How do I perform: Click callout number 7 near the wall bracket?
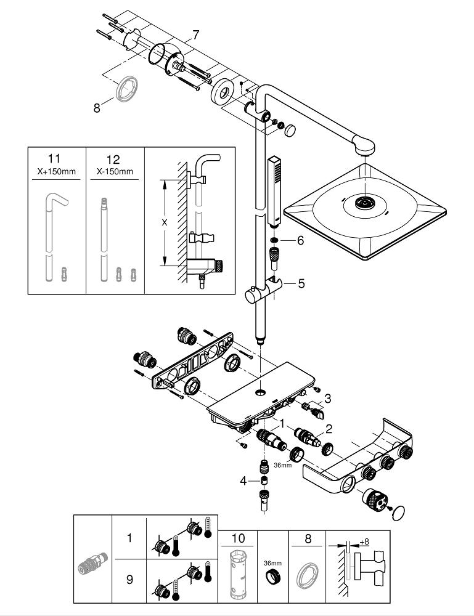pyautogui.click(x=195, y=34)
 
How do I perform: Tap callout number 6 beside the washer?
pyautogui.click(x=300, y=241)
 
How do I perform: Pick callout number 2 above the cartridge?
pyautogui.click(x=329, y=429)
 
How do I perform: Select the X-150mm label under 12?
pyautogui.click(x=115, y=171)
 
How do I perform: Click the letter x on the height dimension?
pyautogui.click(x=165, y=223)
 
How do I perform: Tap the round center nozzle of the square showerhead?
pyautogui.click(x=366, y=204)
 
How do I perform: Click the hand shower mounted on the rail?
pyautogui.click(x=276, y=191)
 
